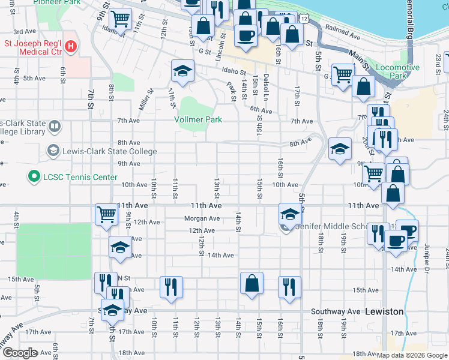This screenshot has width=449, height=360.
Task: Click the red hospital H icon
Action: pos(71,46)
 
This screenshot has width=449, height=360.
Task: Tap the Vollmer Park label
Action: pos(198,119)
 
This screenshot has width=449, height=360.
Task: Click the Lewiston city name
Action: pos(384,312)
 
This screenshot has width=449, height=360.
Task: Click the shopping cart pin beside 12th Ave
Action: pos(106,214)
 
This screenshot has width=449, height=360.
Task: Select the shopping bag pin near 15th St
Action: pos(252,284)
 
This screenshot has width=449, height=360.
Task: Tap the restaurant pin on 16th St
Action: pos(289,287)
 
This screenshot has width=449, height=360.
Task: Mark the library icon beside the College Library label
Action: pos(54,127)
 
